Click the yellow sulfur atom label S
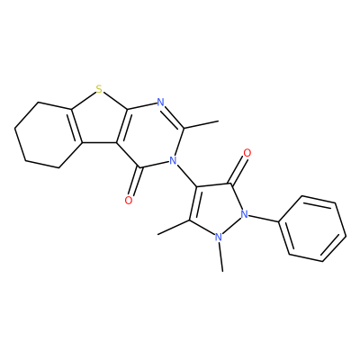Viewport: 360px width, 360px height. click(99, 89)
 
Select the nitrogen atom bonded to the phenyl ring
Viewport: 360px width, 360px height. click(245, 214)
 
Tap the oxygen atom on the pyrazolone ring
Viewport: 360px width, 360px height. click(247, 153)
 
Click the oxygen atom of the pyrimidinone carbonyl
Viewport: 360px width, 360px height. click(129, 200)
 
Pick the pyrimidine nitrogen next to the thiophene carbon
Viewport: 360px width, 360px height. click(161, 103)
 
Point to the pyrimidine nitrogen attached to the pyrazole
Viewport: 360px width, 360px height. click(172, 161)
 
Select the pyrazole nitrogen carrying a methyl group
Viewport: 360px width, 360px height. click(219, 238)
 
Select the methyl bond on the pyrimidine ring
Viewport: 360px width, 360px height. click(202, 125)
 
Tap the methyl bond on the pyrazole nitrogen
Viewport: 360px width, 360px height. click(220, 257)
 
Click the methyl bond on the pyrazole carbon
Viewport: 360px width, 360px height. click(174, 227)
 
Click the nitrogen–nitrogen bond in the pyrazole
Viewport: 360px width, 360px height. click(231, 226)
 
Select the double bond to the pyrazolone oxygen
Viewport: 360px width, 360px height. click(238, 170)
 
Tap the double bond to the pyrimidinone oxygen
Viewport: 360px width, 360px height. click(136, 182)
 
